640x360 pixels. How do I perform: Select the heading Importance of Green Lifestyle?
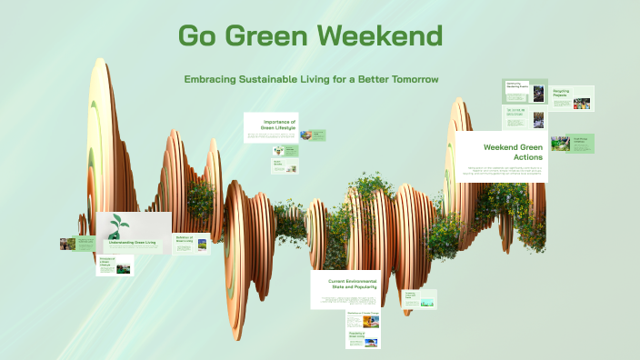(278, 125)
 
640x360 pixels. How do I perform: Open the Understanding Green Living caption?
(132, 243)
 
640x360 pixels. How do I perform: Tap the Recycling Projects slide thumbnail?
(572, 98)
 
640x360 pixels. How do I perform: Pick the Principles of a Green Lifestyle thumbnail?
(115, 265)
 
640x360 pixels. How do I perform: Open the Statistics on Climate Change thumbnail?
(363, 319)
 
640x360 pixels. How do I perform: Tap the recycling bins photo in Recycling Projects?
(582, 103)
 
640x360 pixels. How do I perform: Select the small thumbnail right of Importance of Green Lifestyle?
(314, 135)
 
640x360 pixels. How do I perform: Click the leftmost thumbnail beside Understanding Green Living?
(76, 244)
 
